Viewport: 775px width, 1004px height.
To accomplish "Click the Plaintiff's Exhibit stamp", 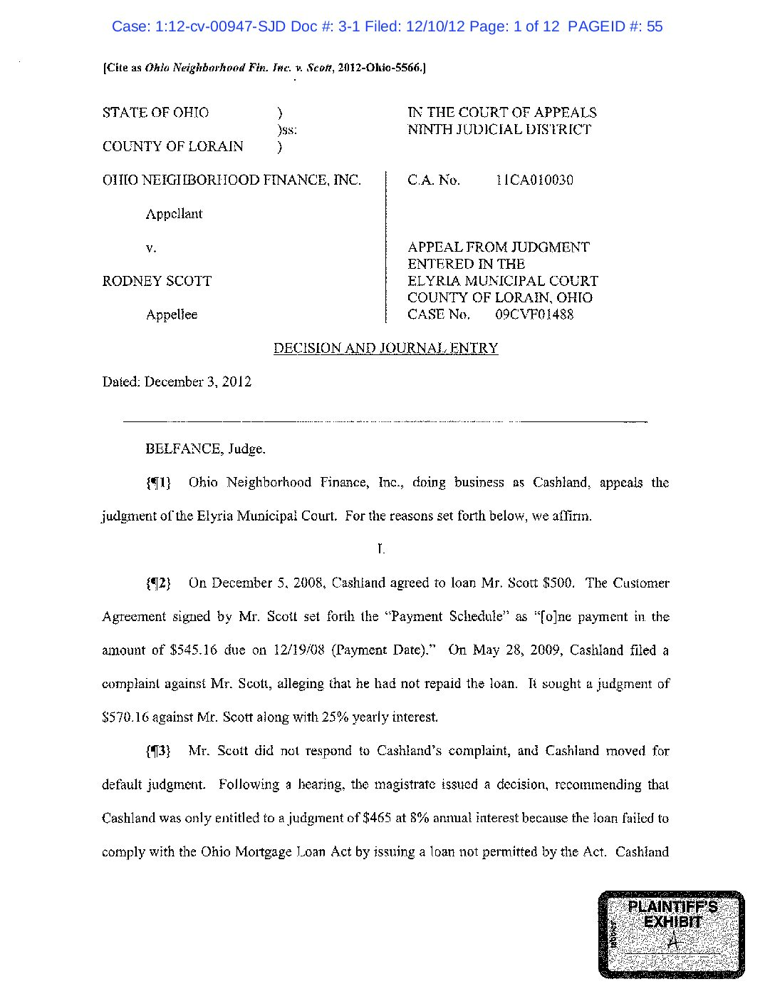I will click(x=671, y=933).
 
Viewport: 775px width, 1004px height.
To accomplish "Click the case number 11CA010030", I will click(x=534, y=180).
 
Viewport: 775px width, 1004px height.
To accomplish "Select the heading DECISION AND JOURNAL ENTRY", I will click(x=385, y=349).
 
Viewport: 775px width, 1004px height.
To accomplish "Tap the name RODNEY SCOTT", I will click(x=157, y=282).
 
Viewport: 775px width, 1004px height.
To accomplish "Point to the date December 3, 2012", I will click(x=197, y=382).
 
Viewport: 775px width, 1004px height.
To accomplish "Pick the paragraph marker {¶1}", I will click(x=158, y=483).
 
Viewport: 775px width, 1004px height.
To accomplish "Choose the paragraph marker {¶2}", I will click(x=158, y=584).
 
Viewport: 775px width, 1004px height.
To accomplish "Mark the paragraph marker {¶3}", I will click(x=158, y=752).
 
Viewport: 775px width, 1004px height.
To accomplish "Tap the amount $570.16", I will click(x=125, y=718).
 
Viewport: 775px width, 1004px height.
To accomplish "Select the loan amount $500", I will click(x=558, y=584).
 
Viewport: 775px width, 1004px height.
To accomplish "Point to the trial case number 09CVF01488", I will click(x=534, y=315).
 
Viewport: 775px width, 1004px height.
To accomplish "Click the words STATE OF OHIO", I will click(x=155, y=113).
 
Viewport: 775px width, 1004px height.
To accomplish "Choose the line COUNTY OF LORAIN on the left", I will click(x=172, y=147).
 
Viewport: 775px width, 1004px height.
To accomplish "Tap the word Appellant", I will click(x=174, y=215).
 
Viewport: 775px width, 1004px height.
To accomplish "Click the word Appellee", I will click(x=172, y=315).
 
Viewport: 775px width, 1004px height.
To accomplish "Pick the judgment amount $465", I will click(x=377, y=819).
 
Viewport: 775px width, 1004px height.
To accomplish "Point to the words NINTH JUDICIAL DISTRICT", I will click(x=499, y=130).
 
